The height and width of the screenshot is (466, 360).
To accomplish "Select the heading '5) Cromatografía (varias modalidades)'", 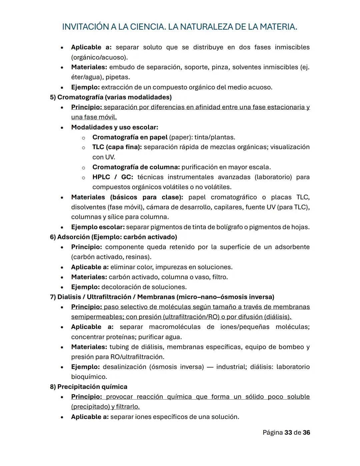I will [111, 97].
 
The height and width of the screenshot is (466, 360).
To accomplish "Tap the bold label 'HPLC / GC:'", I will [113, 177].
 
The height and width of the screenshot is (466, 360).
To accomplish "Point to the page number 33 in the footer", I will [288, 433].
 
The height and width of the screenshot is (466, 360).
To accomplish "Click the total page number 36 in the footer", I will [306, 433].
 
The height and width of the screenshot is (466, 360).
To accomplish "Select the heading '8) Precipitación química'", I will [89, 387].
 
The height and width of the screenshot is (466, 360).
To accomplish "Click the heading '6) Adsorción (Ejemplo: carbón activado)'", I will [113, 237].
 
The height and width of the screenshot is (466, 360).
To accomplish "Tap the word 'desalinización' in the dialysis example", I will [124, 367].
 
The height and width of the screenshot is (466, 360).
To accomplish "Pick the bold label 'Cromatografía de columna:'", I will [136, 167].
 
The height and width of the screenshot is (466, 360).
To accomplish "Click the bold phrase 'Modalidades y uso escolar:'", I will [114, 127].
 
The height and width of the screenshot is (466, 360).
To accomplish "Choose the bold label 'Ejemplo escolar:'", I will [98, 227].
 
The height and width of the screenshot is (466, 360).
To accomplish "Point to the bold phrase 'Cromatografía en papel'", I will [130, 137].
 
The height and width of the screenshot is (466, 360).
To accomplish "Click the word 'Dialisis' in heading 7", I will [68, 297].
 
